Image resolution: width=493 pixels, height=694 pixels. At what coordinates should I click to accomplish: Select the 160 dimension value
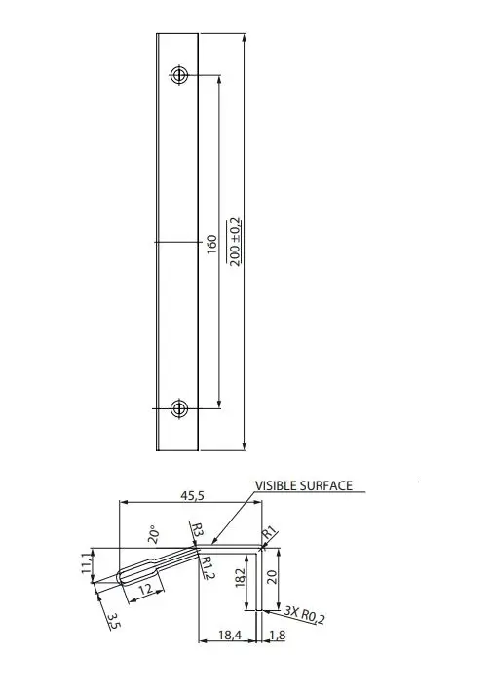click(212, 245)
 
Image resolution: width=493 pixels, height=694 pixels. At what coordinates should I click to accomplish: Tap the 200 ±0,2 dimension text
click(234, 242)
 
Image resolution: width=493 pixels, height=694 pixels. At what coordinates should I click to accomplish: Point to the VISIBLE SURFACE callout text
click(304, 485)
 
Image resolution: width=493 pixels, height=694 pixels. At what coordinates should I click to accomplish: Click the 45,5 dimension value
click(192, 496)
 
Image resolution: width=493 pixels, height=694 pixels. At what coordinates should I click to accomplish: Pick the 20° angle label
click(154, 534)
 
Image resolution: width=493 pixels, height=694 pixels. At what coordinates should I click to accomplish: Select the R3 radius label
click(197, 529)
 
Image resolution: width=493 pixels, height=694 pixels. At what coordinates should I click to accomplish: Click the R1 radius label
click(269, 532)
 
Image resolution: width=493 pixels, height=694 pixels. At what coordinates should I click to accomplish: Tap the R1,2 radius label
click(208, 567)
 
